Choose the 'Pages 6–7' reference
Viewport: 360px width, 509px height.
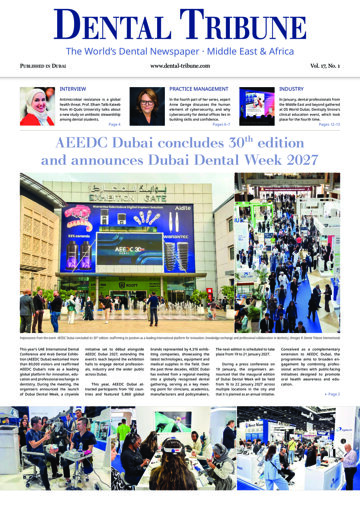point(225,127)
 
